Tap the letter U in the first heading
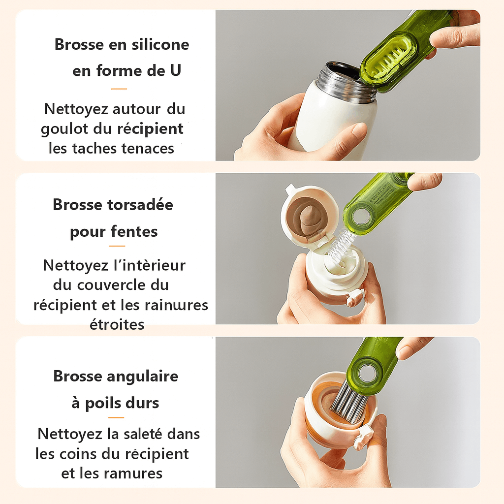175,70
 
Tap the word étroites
117,324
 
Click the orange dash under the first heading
119,89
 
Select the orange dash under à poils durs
116,417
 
